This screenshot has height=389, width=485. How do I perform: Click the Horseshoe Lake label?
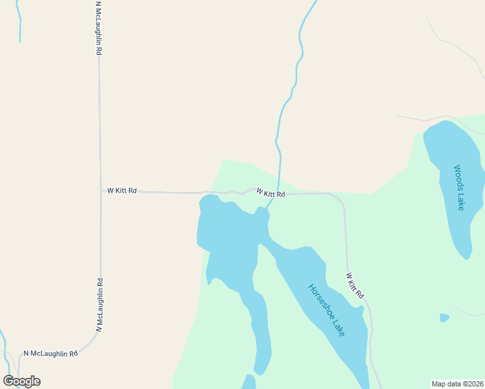(327, 310)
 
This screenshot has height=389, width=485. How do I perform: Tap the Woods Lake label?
(459, 187)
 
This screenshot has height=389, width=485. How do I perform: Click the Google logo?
(21, 381)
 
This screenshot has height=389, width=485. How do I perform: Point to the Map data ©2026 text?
(456, 384)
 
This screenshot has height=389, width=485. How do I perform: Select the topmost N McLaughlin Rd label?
(98, 27)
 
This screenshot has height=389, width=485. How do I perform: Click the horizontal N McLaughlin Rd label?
(51, 353)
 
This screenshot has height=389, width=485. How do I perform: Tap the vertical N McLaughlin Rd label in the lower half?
(100, 305)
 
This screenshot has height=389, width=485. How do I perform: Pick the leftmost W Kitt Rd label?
(122, 191)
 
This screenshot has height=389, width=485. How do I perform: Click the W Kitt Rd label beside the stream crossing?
(270, 193)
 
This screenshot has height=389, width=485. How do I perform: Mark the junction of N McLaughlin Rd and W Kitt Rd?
(100, 191)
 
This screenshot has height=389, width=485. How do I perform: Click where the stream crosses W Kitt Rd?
(278, 193)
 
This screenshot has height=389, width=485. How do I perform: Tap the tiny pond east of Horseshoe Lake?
(444, 318)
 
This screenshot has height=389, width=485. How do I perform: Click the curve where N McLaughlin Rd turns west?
(93, 342)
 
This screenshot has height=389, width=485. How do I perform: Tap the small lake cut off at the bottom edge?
(249, 383)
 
